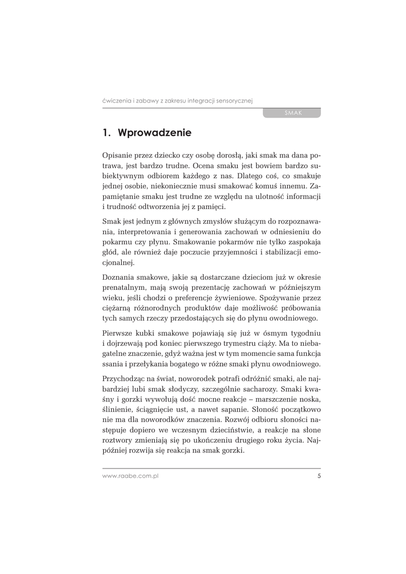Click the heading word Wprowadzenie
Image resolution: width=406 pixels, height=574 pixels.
[155, 133]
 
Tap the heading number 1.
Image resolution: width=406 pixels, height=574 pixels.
[105, 133]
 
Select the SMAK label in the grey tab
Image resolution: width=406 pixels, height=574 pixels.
[293, 113]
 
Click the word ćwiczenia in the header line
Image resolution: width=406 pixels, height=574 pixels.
[116, 100]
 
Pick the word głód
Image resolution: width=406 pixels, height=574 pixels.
[112, 252]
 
